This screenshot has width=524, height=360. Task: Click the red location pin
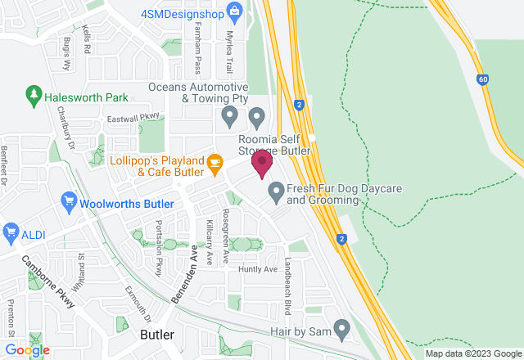tap(262, 164)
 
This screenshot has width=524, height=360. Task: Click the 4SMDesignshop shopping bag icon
tap(235, 11)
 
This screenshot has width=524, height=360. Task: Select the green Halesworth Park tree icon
tap(34, 97)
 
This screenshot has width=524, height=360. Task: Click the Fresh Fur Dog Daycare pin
tap(276, 193)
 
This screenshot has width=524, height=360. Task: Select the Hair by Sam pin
tap(341, 330)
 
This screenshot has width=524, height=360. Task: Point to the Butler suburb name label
tap(157, 335)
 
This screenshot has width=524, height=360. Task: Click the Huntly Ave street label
tap(258, 269)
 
